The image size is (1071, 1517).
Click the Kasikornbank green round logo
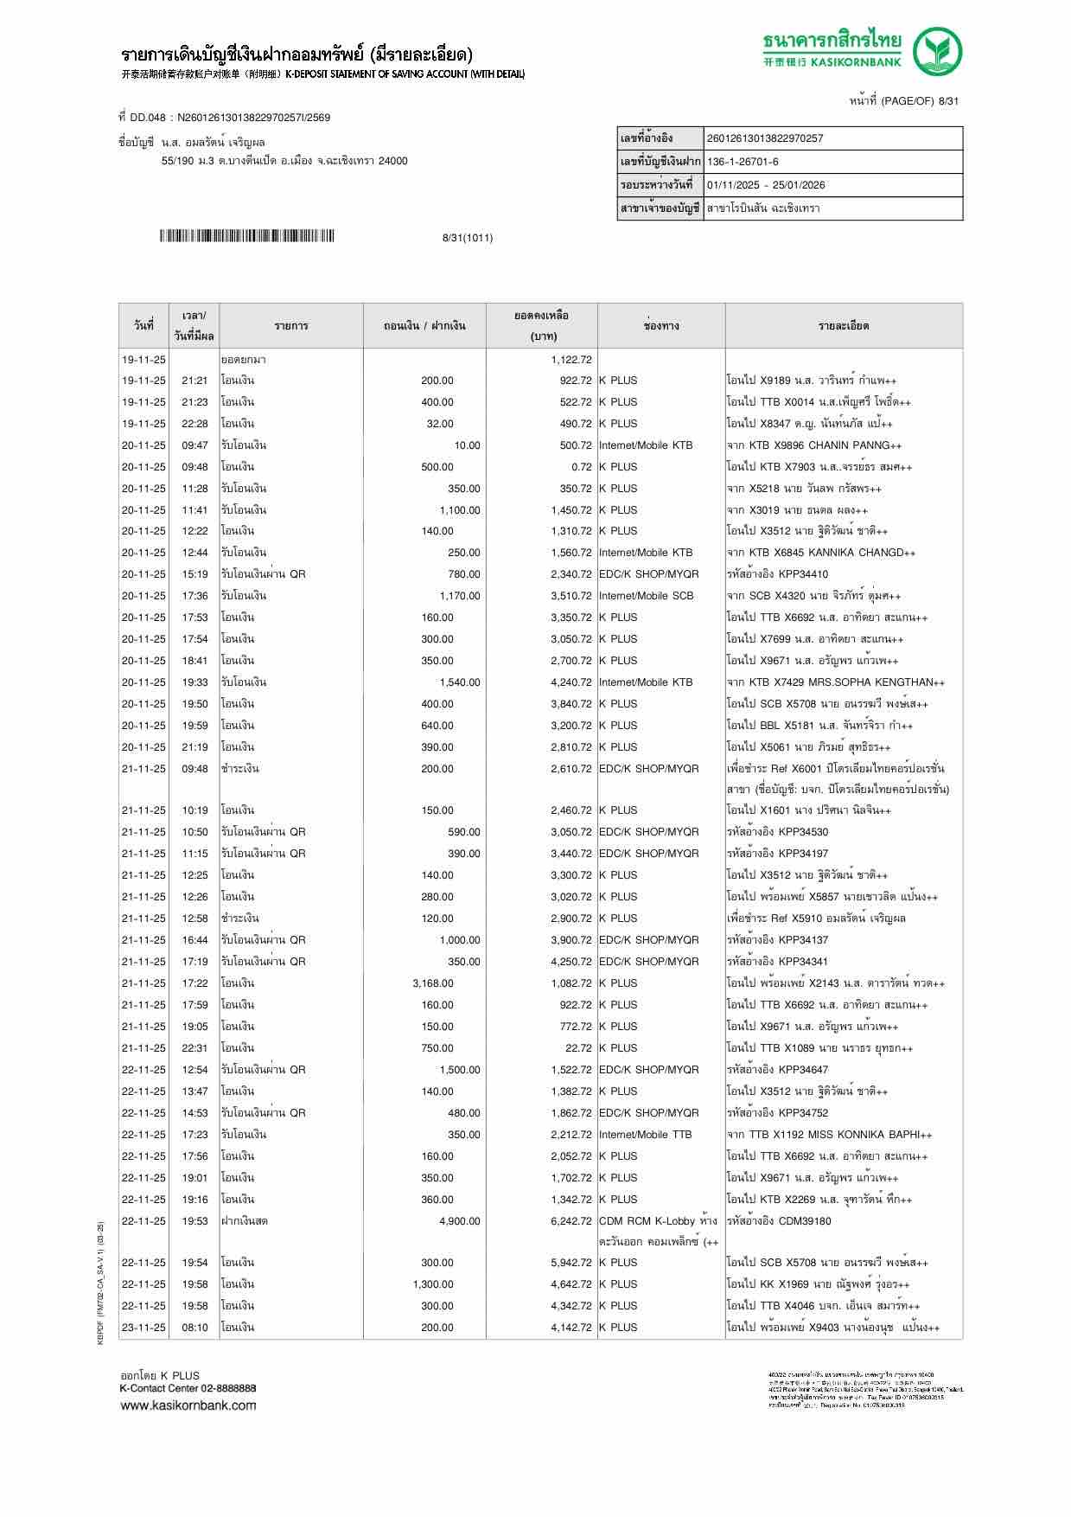point(939,52)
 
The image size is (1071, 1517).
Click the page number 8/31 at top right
point(948,101)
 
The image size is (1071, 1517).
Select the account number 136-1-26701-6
point(743,162)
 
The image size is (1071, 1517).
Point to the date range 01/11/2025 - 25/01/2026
point(766,185)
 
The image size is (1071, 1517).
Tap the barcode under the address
point(246,237)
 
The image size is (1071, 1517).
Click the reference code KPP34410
point(803,574)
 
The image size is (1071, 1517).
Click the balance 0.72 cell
point(581,467)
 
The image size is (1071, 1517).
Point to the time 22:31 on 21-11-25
point(194,1048)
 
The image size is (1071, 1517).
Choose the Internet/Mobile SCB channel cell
point(646,596)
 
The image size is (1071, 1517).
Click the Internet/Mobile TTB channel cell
point(645,1135)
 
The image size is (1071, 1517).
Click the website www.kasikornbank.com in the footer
point(188,1405)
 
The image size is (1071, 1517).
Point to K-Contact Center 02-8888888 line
point(188,1388)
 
